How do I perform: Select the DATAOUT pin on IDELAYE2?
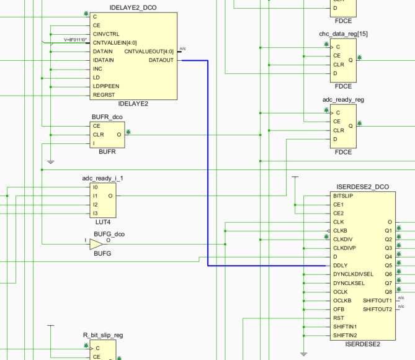click(161, 60)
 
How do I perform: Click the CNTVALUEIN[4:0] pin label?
click(115, 43)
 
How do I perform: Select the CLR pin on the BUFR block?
click(97, 134)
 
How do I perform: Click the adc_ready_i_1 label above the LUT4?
click(102, 178)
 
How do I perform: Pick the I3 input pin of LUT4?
click(95, 213)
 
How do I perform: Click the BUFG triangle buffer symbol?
click(98, 244)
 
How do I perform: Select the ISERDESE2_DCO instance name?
click(362, 187)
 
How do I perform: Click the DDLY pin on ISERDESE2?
click(341, 265)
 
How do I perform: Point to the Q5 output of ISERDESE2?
click(388, 265)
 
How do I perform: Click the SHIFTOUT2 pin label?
click(377, 308)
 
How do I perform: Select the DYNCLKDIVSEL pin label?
click(353, 274)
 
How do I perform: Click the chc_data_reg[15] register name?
click(344, 33)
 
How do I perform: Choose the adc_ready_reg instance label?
click(342, 99)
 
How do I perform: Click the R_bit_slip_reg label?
click(102, 335)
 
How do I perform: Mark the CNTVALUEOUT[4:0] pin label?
click(149, 52)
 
